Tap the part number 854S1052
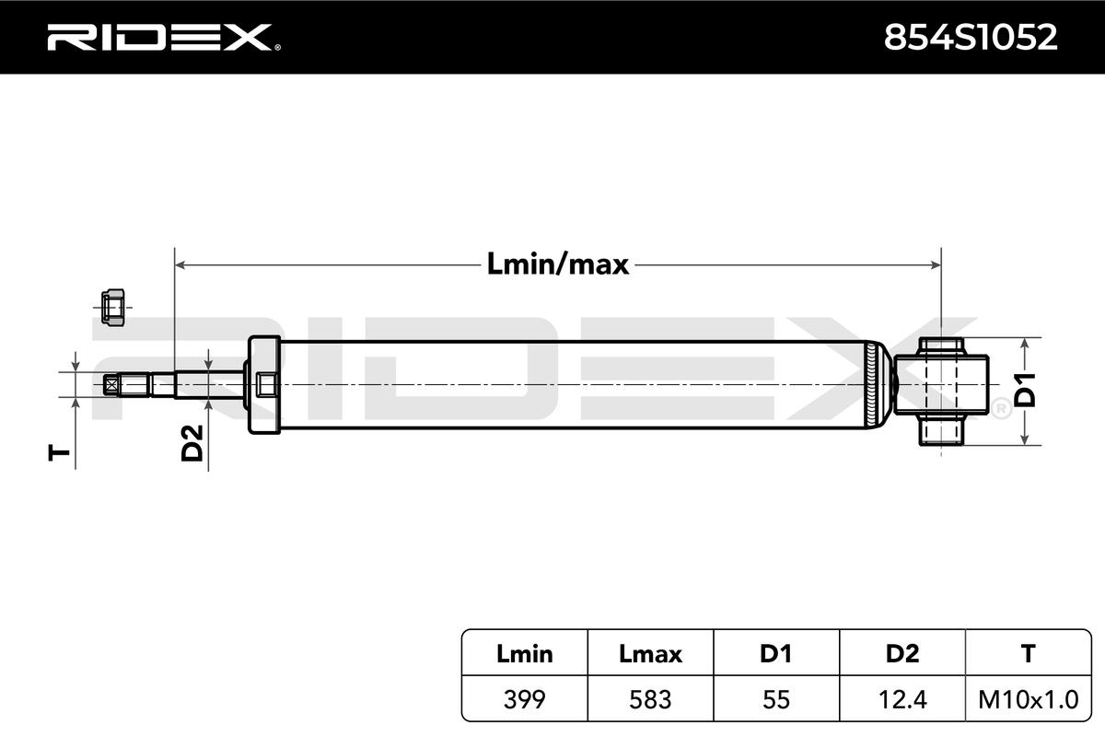(970, 37)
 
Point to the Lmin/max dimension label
(557, 265)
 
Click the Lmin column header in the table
(525, 654)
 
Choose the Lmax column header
(651, 654)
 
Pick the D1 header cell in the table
(775, 654)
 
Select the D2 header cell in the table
(901, 654)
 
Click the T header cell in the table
(1028, 654)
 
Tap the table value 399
(525, 699)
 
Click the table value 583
(651, 699)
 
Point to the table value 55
(775, 699)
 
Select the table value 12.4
(901, 699)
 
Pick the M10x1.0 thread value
(1028, 699)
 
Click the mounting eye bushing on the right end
(945, 387)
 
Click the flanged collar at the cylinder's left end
(263, 385)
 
